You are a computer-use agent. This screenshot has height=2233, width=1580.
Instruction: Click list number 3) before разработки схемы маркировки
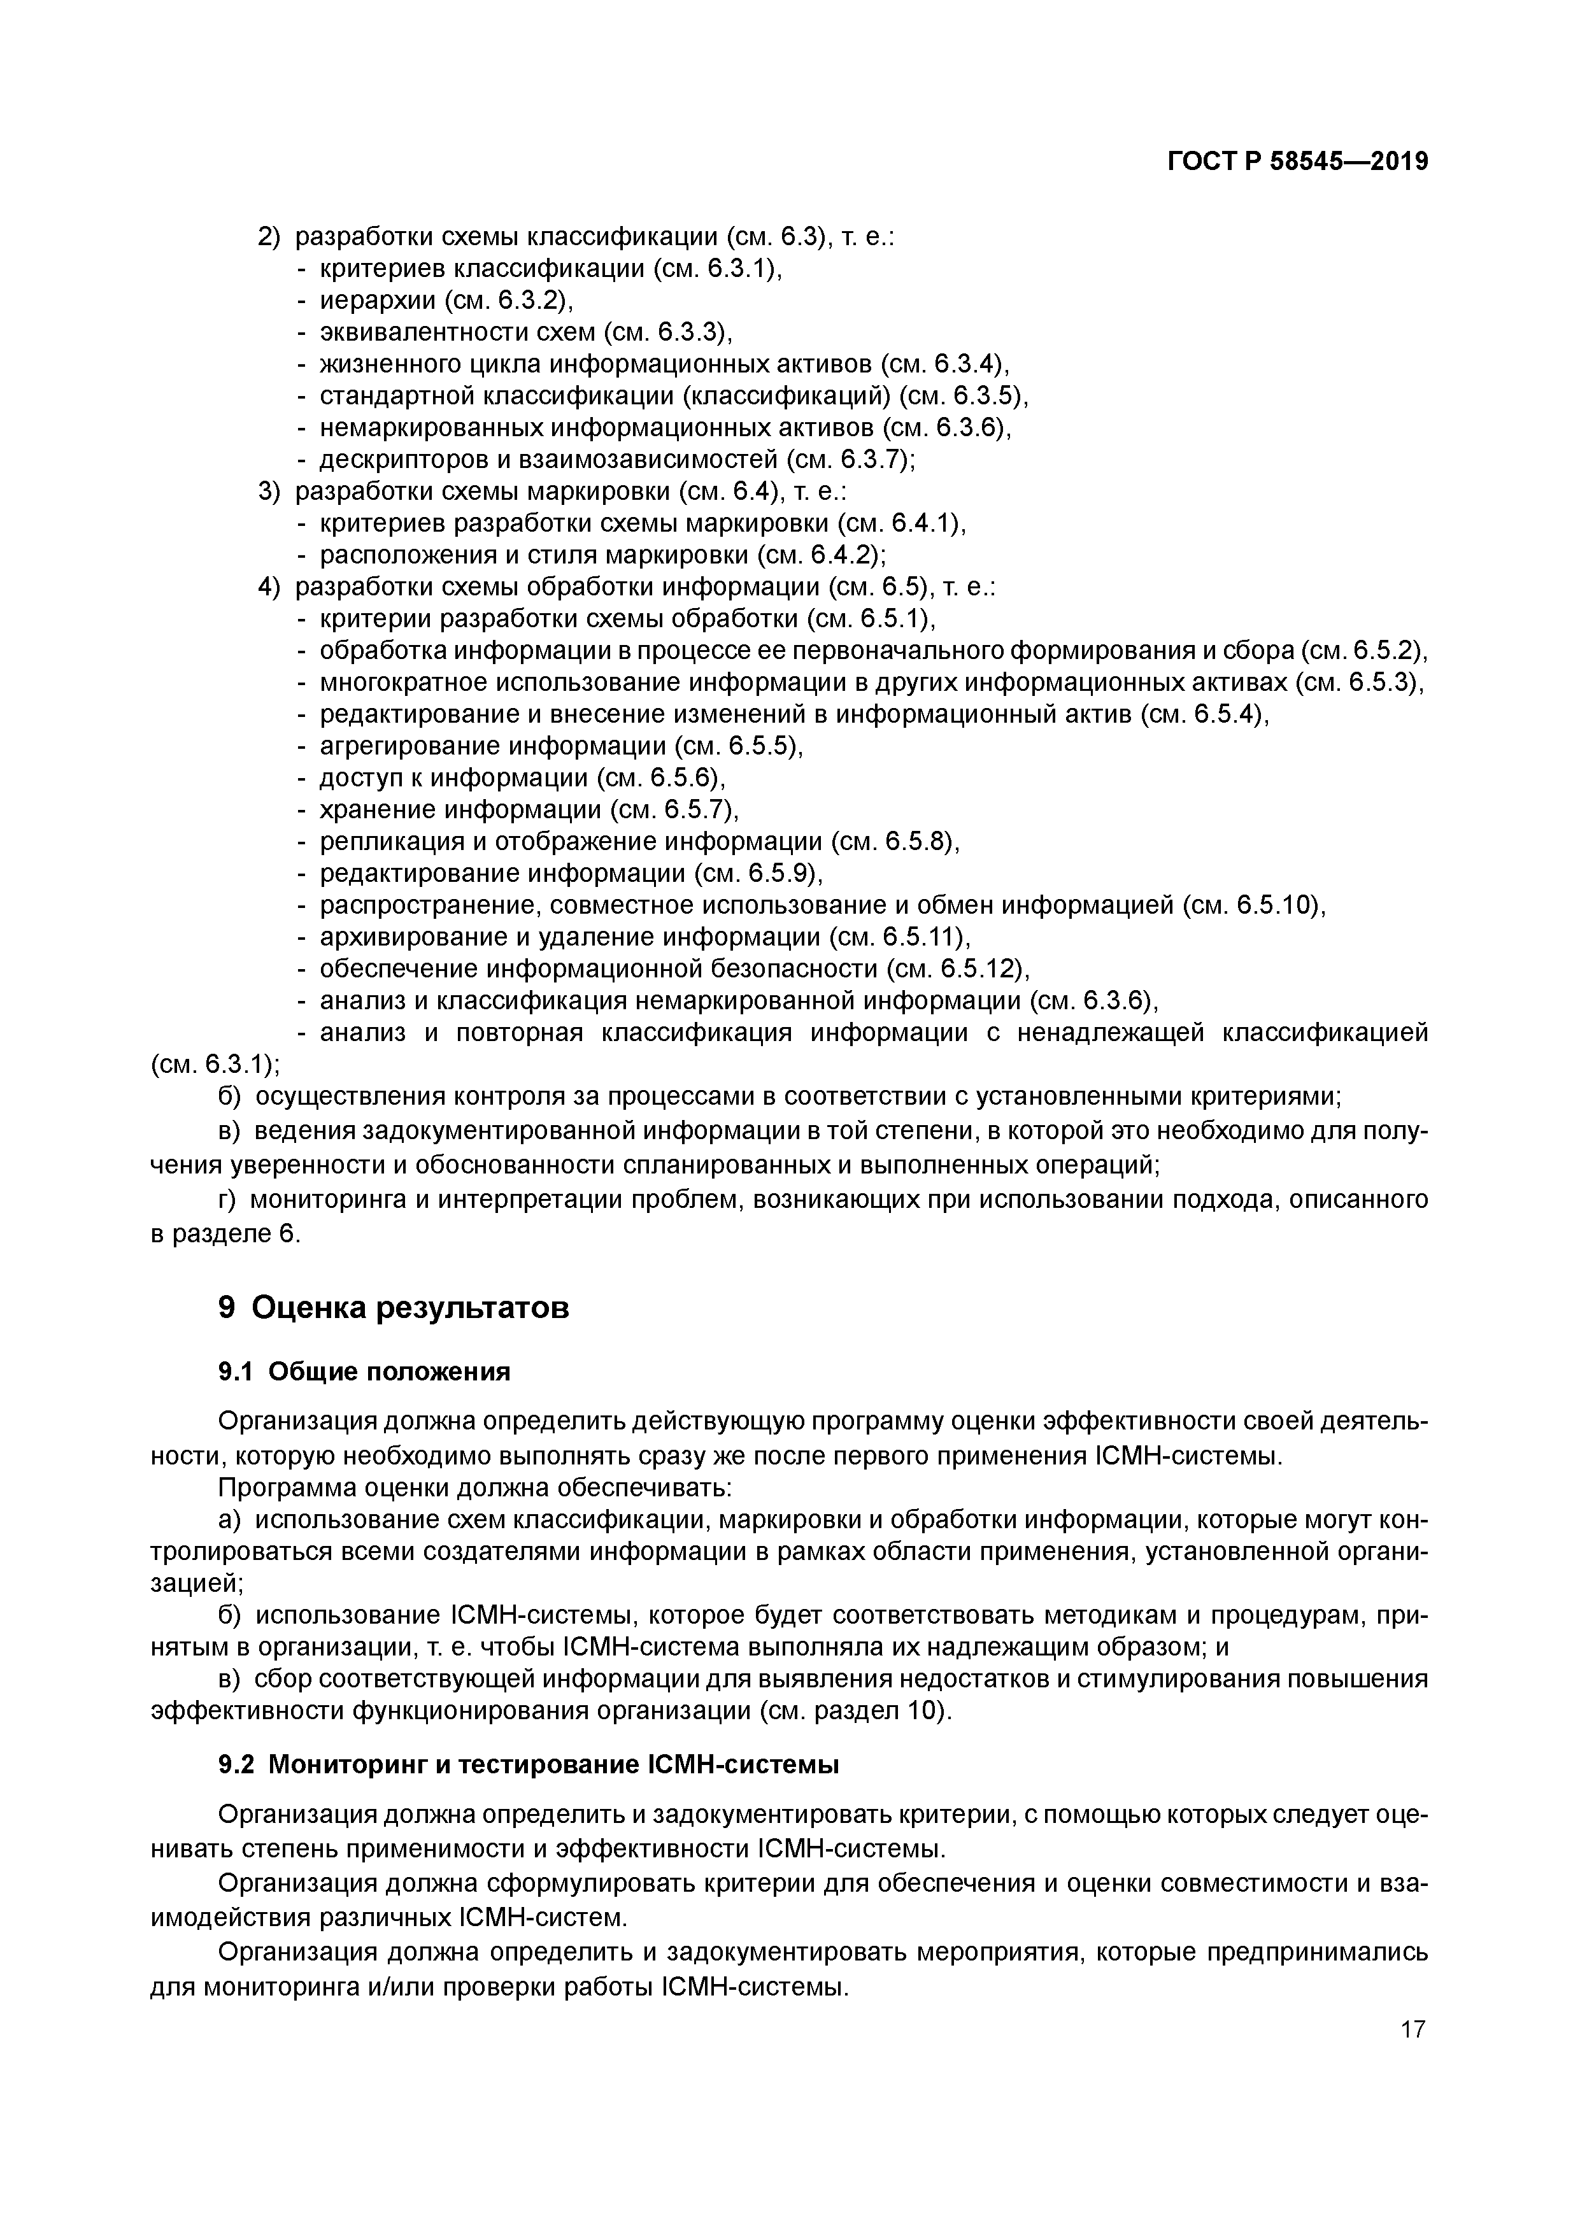269,491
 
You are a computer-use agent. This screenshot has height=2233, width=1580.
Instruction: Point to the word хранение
378,810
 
